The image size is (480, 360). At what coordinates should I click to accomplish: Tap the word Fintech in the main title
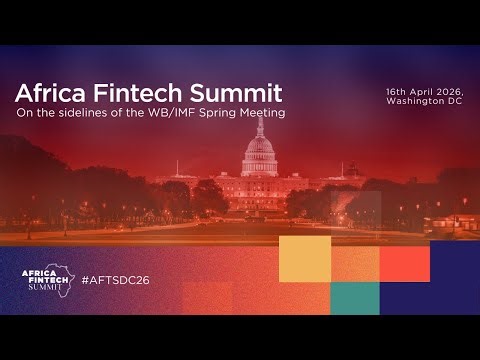pyautogui.click(x=128, y=93)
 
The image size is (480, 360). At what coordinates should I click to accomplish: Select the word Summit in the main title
pyautogui.click(x=232, y=93)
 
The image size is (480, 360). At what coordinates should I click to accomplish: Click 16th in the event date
pyautogui.click(x=397, y=91)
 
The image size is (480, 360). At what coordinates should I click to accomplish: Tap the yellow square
pyautogui.click(x=304, y=260)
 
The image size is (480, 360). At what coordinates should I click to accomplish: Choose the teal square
pyautogui.click(x=355, y=298)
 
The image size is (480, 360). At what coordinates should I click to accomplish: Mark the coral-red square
pyautogui.click(x=405, y=262)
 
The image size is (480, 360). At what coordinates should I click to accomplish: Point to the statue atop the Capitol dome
pyautogui.click(x=258, y=126)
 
